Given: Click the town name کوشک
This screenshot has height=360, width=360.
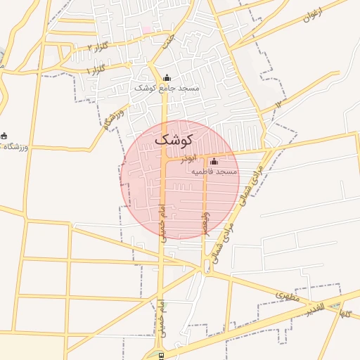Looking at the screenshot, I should point(171,139).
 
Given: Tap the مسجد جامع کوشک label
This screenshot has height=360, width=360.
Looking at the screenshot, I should point(167,89).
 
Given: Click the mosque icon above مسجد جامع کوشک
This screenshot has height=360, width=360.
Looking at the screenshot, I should point(167,78).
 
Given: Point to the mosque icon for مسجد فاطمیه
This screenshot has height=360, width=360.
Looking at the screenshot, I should point(214,162).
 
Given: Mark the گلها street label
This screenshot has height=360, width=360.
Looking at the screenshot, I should point(345,311).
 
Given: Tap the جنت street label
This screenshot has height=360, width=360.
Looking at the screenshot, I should point(167,42).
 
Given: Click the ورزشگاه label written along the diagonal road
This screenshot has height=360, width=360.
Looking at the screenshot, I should point(113,119).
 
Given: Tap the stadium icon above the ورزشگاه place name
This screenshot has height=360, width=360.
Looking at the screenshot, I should point(4,136).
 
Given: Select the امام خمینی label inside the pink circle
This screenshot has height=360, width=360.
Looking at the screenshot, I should point(162,224).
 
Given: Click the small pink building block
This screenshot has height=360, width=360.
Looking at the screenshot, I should point(148,30).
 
